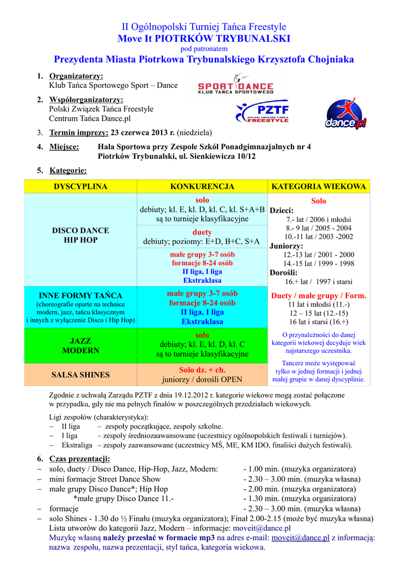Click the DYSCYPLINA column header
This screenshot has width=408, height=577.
[x=80, y=187]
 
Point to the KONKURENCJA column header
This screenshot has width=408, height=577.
[x=202, y=187]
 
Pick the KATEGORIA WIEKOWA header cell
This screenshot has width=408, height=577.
[x=319, y=187]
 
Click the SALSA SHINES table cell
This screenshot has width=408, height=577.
[x=81, y=375]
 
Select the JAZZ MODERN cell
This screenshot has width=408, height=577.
[x=81, y=345]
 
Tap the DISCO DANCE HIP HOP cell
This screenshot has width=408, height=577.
[x=81, y=236]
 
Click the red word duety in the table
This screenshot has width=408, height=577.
[x=202, y=232]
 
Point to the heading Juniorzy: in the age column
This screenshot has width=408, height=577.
[x=286, y=246]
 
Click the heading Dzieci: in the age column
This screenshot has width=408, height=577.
[x=282, y=211]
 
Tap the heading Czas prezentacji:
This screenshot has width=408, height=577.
[x=80, y=458]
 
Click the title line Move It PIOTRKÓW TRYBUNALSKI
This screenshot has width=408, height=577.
[x=203, y=38]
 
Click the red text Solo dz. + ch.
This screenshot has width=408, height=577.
[x=202, y=370]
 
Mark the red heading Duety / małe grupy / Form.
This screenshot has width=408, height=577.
[x=318, y=295]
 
